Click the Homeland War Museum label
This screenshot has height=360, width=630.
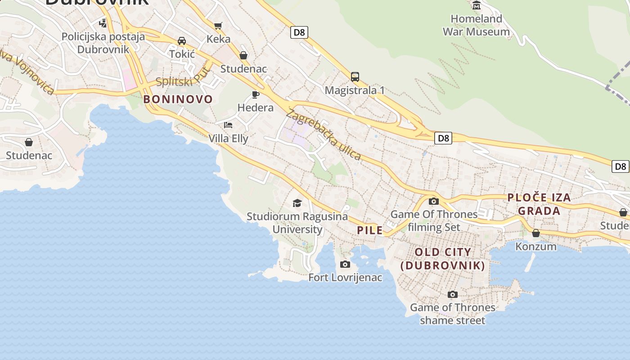tap(476, 25)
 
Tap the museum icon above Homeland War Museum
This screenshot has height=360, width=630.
tap(477, 5)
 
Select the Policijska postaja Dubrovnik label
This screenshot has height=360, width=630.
tap(103, 43)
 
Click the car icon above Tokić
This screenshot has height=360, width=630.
tap(182, 41)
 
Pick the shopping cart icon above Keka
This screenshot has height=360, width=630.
tap(218, 26)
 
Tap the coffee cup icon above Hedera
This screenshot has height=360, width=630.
tap(255, 94)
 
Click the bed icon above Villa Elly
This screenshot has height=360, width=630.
tap(228, 125)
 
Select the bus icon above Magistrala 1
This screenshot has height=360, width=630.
tap(355, 77)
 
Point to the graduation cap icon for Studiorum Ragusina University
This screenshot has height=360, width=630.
tap(297, 203)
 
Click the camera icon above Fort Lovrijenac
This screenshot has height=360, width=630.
tap(345, 264)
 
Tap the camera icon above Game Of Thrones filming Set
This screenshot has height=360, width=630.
tap(434, 201)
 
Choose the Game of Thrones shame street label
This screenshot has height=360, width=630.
tap(452, 314)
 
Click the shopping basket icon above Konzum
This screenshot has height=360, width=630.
tap(536, 233)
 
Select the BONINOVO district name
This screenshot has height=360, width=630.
tap(178, 99)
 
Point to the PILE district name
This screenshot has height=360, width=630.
tap(370, 230)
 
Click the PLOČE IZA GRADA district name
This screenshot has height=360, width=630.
tap(539, 204)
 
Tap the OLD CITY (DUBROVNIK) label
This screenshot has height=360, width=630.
tap(443, 259)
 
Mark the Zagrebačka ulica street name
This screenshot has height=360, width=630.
tap(323, 135)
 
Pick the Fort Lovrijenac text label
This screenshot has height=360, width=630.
tap(345, 278)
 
